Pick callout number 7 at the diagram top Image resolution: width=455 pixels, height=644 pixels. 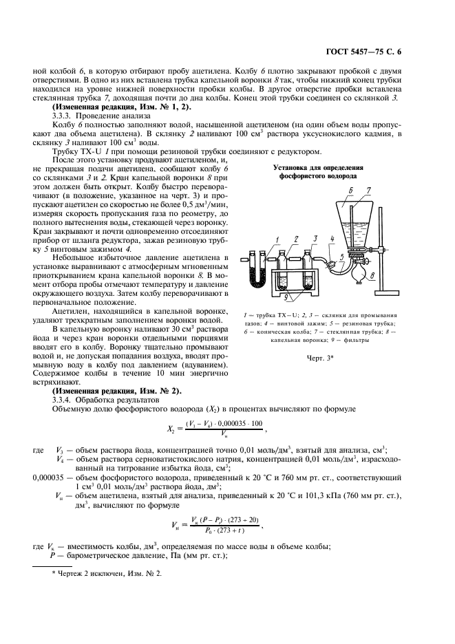[x=388, y=191]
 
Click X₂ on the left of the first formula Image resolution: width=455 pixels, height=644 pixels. [x=169, y=427]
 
